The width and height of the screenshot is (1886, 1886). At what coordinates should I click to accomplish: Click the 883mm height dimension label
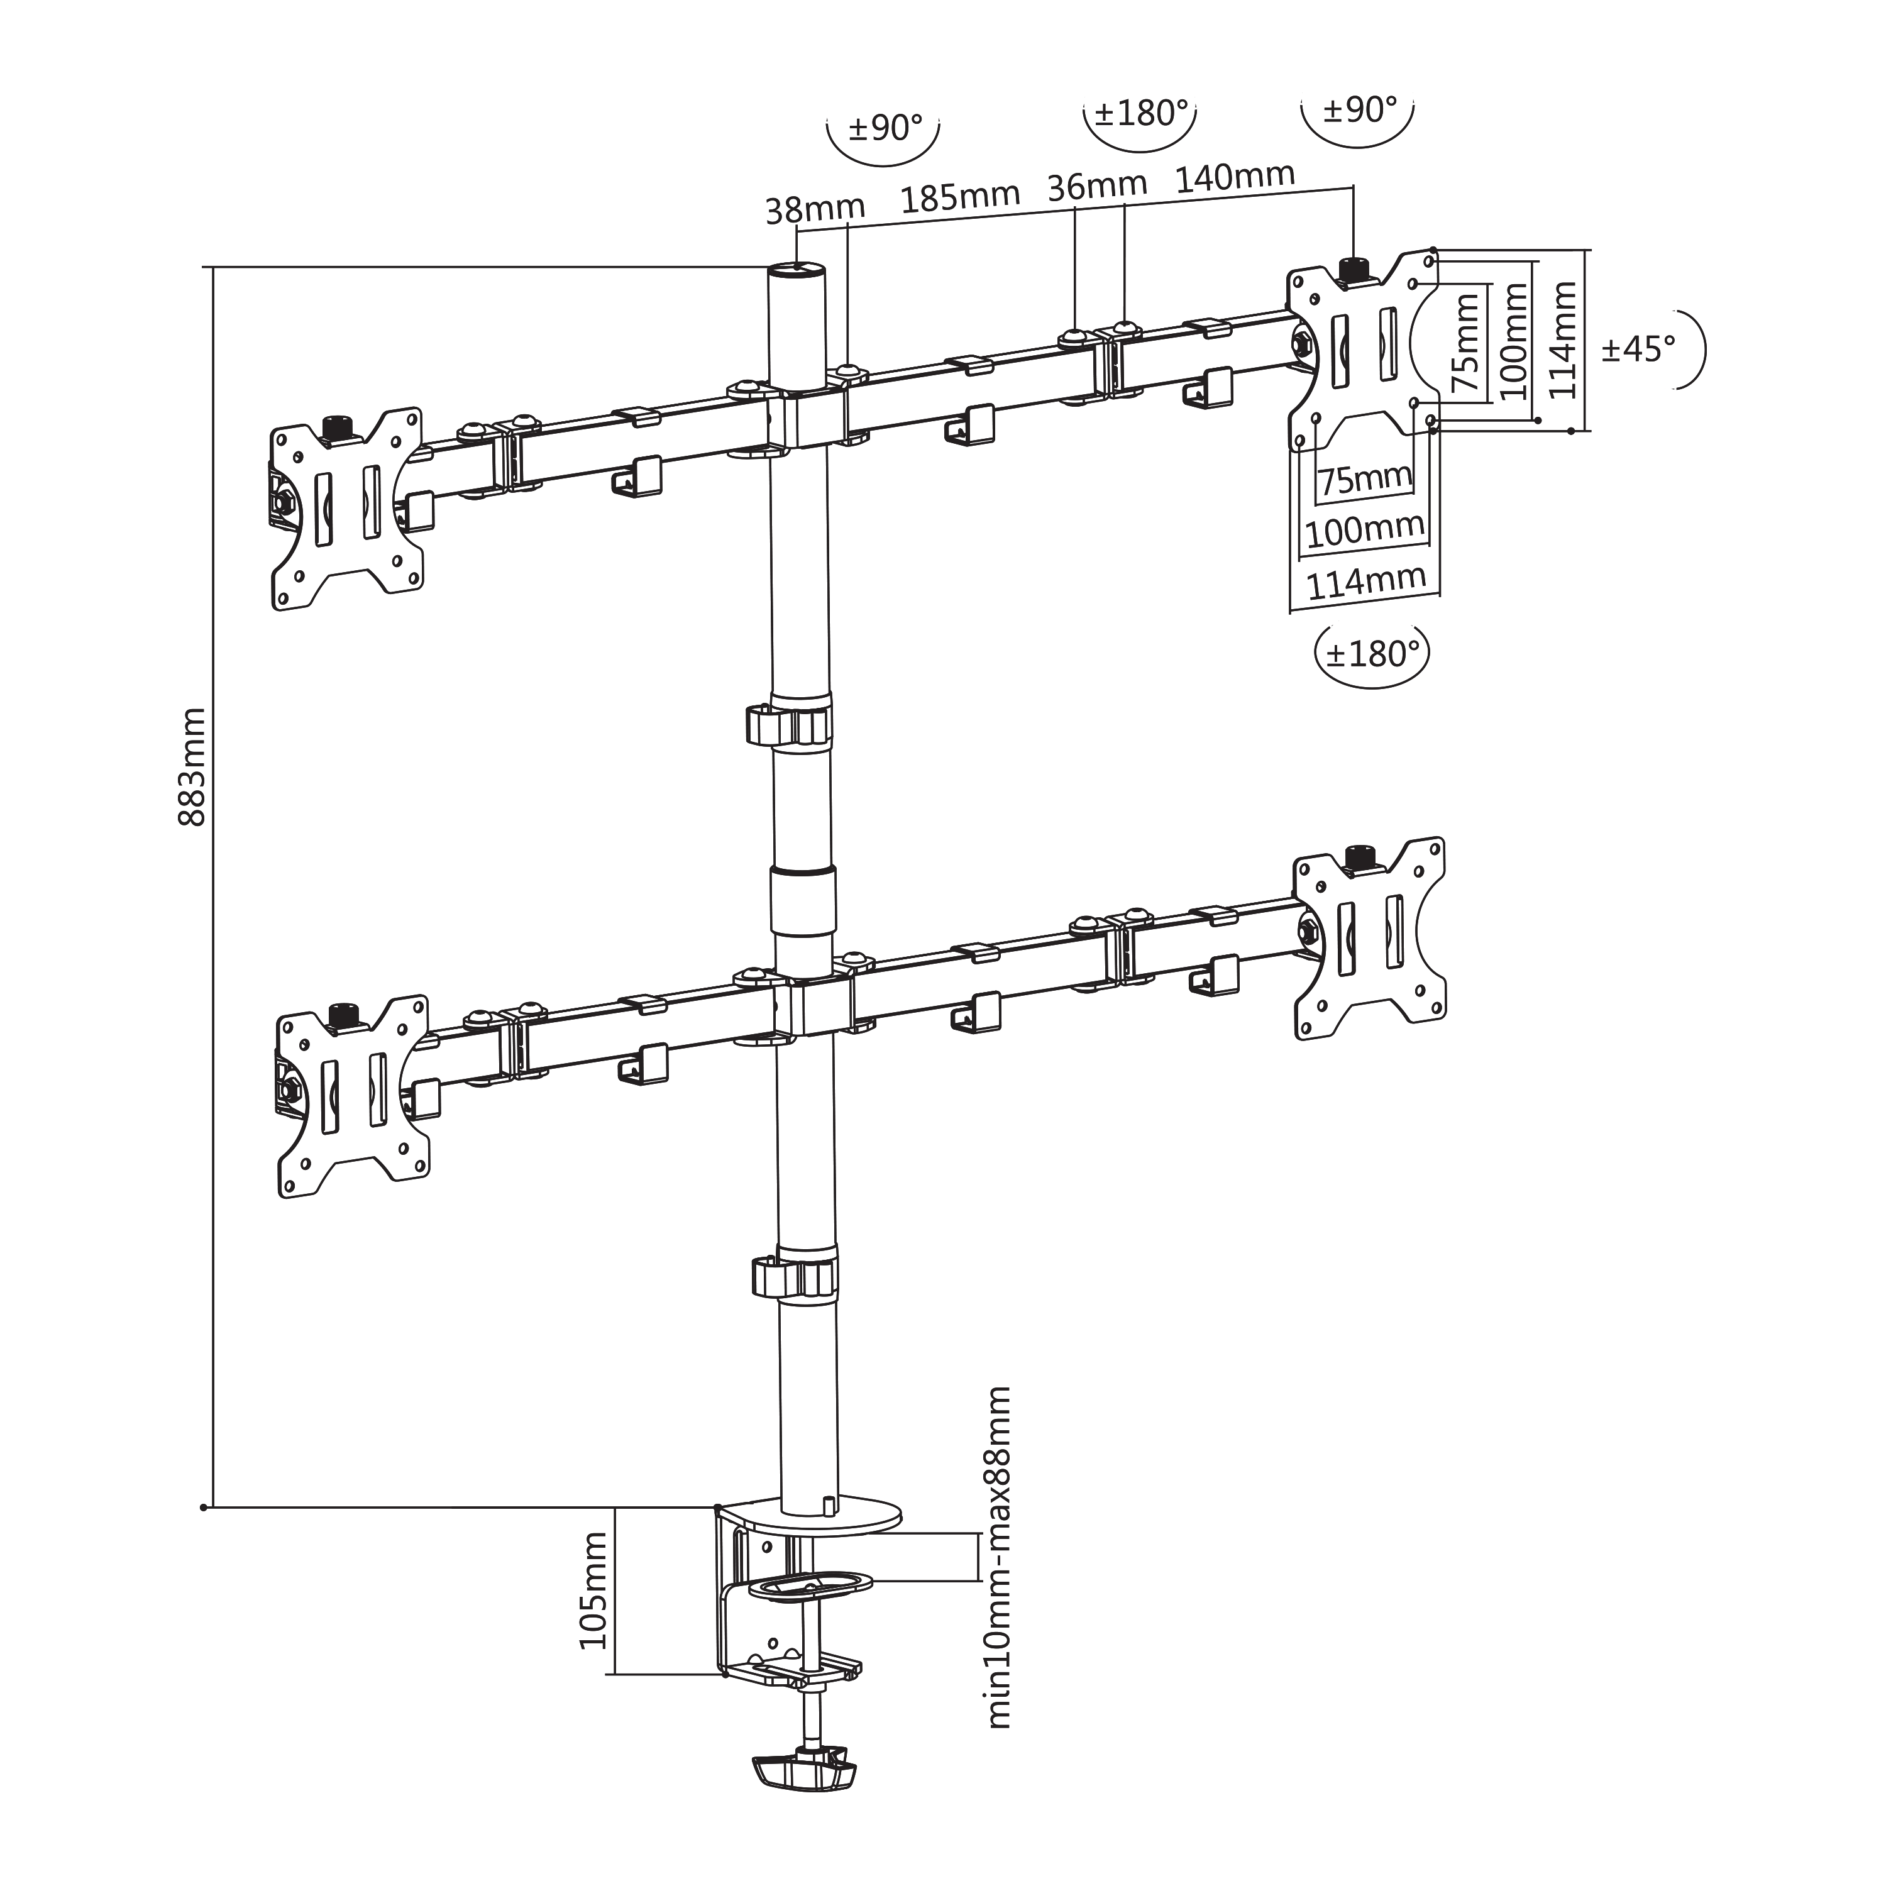(192, 767)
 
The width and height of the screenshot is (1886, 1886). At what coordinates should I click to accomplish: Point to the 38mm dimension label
(815, 209)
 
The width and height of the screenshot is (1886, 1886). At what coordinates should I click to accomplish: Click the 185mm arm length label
(959, 198)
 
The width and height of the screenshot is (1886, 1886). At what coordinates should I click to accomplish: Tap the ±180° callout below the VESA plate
(1372, 653)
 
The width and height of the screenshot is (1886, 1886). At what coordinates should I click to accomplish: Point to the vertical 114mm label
(1563, 339)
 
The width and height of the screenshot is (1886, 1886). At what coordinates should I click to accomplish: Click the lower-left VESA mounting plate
(353, 1095)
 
